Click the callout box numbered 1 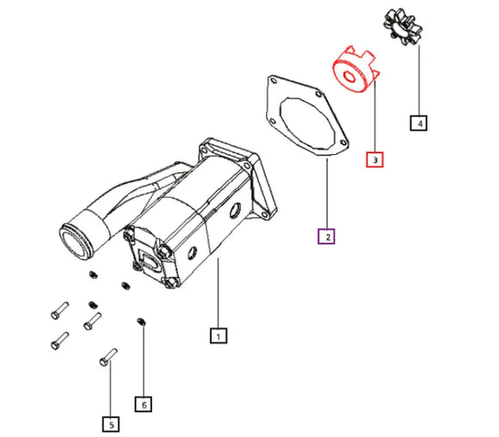(x=219, y=335)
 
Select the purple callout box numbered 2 (x=326, y=237)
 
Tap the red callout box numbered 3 (x=374, y=159)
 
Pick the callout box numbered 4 (x=418, y=122)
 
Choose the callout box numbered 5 (x=111, y=424)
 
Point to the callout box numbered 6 (x=143, y=404)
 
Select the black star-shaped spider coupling (x=403, y=27)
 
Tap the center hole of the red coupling (x=349, y=77)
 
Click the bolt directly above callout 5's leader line (x=108, y=357)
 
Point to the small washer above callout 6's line (x=141, y=322)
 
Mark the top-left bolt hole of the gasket (x=274, y=81)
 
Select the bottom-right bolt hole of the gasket (x=343, y=143)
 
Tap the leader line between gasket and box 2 (x=327, y=194)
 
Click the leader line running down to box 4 (x=419, y=80)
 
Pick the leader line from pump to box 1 (x=218, y=292)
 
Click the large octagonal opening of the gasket (x=307, y=124)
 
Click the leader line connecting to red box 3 (x=375, y=116)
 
